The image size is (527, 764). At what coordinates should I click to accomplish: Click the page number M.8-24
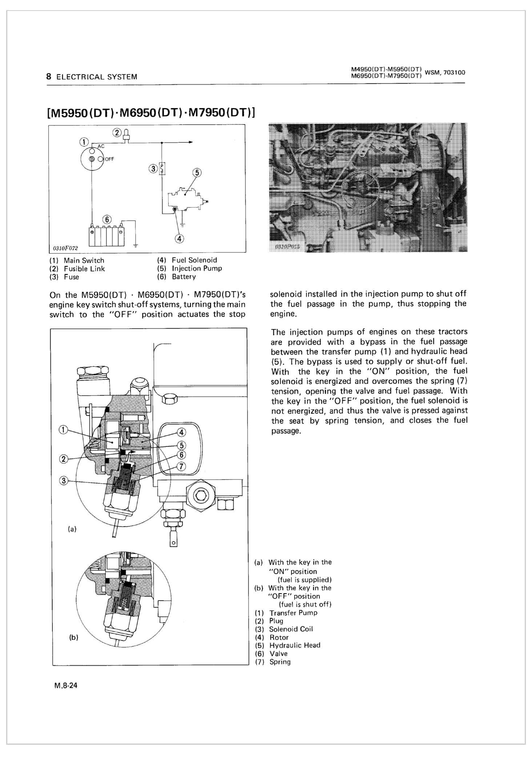pyautogui.click(x=66, y=686)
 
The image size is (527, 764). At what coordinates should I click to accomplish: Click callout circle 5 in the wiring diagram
pyautogui.click(x=197, y=172)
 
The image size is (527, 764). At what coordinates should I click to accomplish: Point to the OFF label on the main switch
pyautogui.click(x=109, y=159)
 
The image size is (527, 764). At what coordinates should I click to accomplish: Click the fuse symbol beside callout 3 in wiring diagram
pyautogui.click(x=163, y=168)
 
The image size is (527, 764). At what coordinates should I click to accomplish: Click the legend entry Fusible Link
pyautogui.click(x=84, y=269)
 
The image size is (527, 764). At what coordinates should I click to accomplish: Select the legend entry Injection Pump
pyautogui.click(x=197, y=268)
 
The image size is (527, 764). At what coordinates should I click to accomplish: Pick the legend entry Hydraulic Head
pyautogui.click(x=295, y=645)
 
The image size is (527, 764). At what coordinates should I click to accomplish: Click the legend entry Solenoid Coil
pyautogui.click(x=291, y=629)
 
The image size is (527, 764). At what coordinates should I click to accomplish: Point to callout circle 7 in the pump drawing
pyautogui.click(x=181, y=466)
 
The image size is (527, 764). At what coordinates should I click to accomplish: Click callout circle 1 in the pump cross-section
pyautogui.click(x=63, y=430)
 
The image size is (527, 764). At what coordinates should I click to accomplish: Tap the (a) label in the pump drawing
pyautogui.click(x=72, y=529)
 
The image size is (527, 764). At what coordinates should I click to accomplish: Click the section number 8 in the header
pyautogui.click(x=48, y=76)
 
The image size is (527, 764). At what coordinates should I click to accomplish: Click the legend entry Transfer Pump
pyautogui.click(x=293, y=613)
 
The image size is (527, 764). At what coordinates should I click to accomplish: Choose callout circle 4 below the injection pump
pyautogui.click(x=180, y=239)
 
